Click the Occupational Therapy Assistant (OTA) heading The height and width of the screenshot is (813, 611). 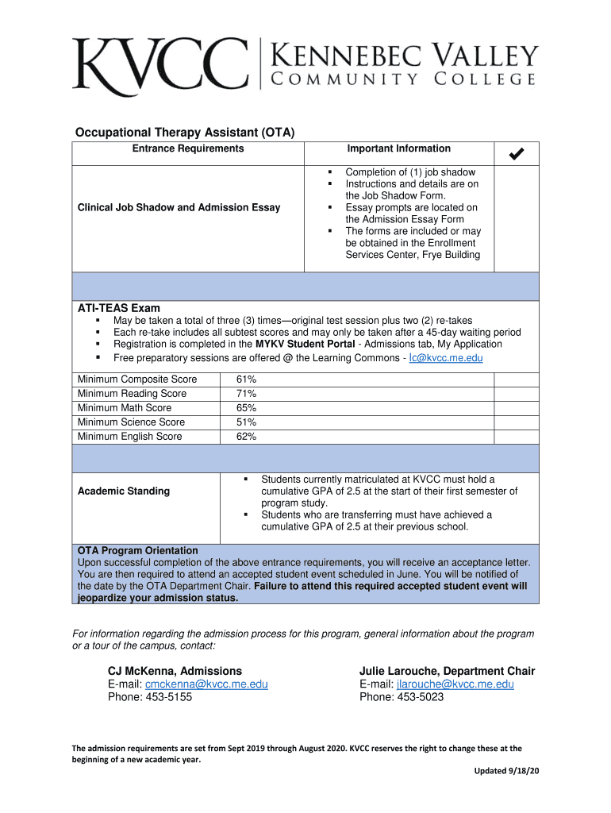click(185, 133)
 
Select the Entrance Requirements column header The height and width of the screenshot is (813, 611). click(188, 148)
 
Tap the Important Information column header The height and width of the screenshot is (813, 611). click(398, 148)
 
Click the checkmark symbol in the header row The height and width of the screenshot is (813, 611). click(516, 152)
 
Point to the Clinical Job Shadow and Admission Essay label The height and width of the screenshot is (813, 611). click(179, 207)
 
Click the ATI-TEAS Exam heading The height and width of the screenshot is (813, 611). click(118, 308)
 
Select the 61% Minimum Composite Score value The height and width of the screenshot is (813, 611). click(246, 380)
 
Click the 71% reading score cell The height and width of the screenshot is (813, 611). click(246, 394)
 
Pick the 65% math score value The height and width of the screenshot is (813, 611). click(246, 408)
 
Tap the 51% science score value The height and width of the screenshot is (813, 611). click(246, 422)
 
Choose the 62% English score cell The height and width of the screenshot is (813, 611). click(246, 437)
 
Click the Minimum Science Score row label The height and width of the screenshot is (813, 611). click(131, 422)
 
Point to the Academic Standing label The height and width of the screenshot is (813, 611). click(124, 491)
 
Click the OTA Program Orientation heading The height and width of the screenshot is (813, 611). click(138, 550)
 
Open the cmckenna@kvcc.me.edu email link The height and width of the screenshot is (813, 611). click(206, 684)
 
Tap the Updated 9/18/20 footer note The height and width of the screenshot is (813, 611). click(506, 772)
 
